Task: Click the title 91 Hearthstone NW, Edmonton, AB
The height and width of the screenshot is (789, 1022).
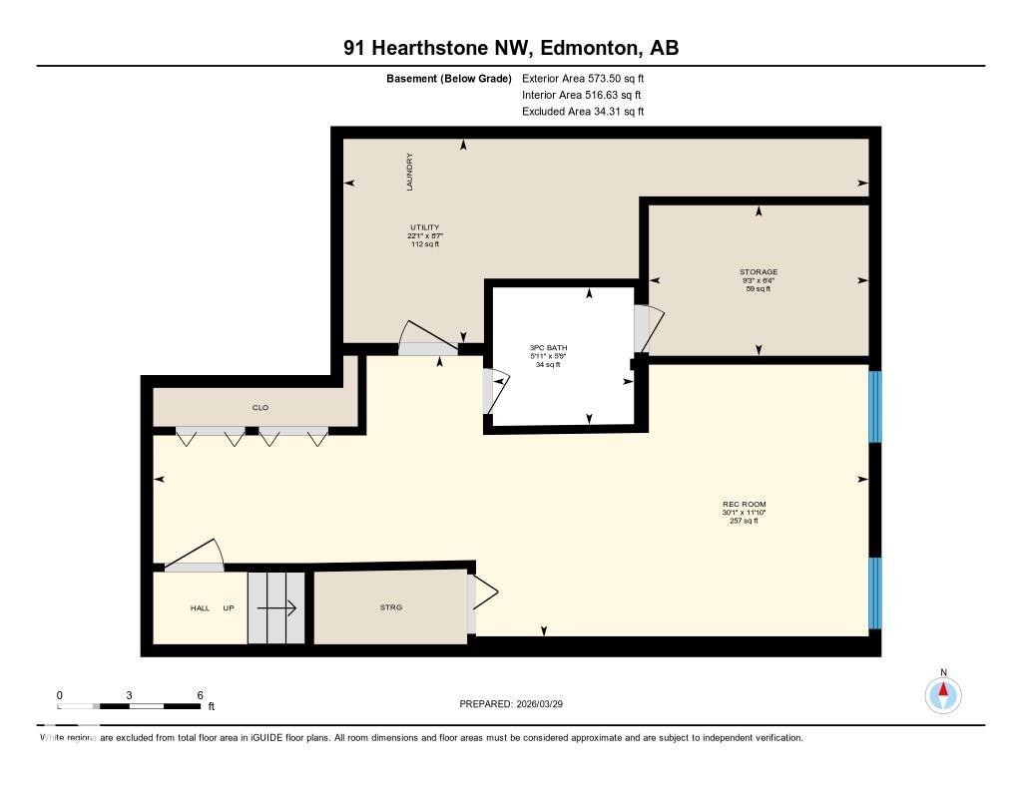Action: (x=511, y=48)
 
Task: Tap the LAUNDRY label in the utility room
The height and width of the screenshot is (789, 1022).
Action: (x=409, y=172)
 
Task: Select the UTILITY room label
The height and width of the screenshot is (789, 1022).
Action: (x=424, y=227)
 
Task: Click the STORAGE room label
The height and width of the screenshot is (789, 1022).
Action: (x=759, y=271)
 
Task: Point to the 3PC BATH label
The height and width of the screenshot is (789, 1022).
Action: (x=548, y=348)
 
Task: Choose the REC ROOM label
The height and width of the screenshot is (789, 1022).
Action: (x=745, y=504)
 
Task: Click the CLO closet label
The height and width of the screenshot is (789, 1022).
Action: (x=260, y=408)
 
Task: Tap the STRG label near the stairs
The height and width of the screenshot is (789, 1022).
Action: (x=391, y=607)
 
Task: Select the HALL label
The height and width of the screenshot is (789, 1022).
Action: (x=201, y=607)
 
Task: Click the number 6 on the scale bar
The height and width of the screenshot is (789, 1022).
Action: (x=201, y=695)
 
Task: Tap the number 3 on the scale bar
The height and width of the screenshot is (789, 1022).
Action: (x=130, y=695)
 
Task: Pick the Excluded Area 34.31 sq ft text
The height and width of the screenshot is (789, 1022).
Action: (x=583, y=112)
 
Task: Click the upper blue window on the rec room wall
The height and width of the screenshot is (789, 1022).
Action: (x=875, y=407)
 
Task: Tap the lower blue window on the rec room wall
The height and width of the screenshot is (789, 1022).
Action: (x=875, y=592)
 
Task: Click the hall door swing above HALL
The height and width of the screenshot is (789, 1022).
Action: (x=195, y=557)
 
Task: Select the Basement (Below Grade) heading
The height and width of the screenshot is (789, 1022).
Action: (x=448, y=78)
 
